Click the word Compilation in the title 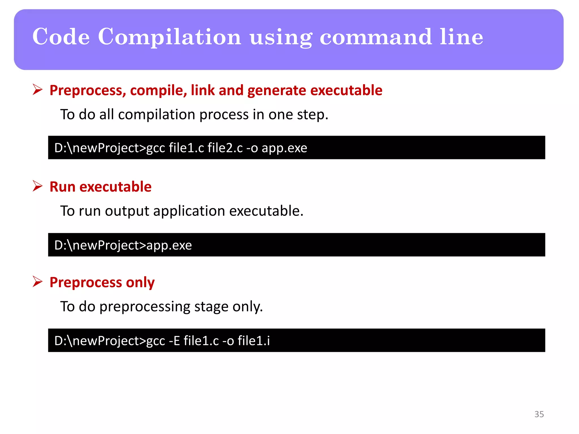tap(169, 37)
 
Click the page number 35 tap(539, 414)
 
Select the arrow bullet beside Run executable tap(37, 186)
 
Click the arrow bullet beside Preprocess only tap(37, 282)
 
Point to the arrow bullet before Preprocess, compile tap(37, 90)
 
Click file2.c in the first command tap(225, 148)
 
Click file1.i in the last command tap(254, 340)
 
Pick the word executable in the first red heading tap(346, 90)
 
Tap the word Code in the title tap(61, 37)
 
